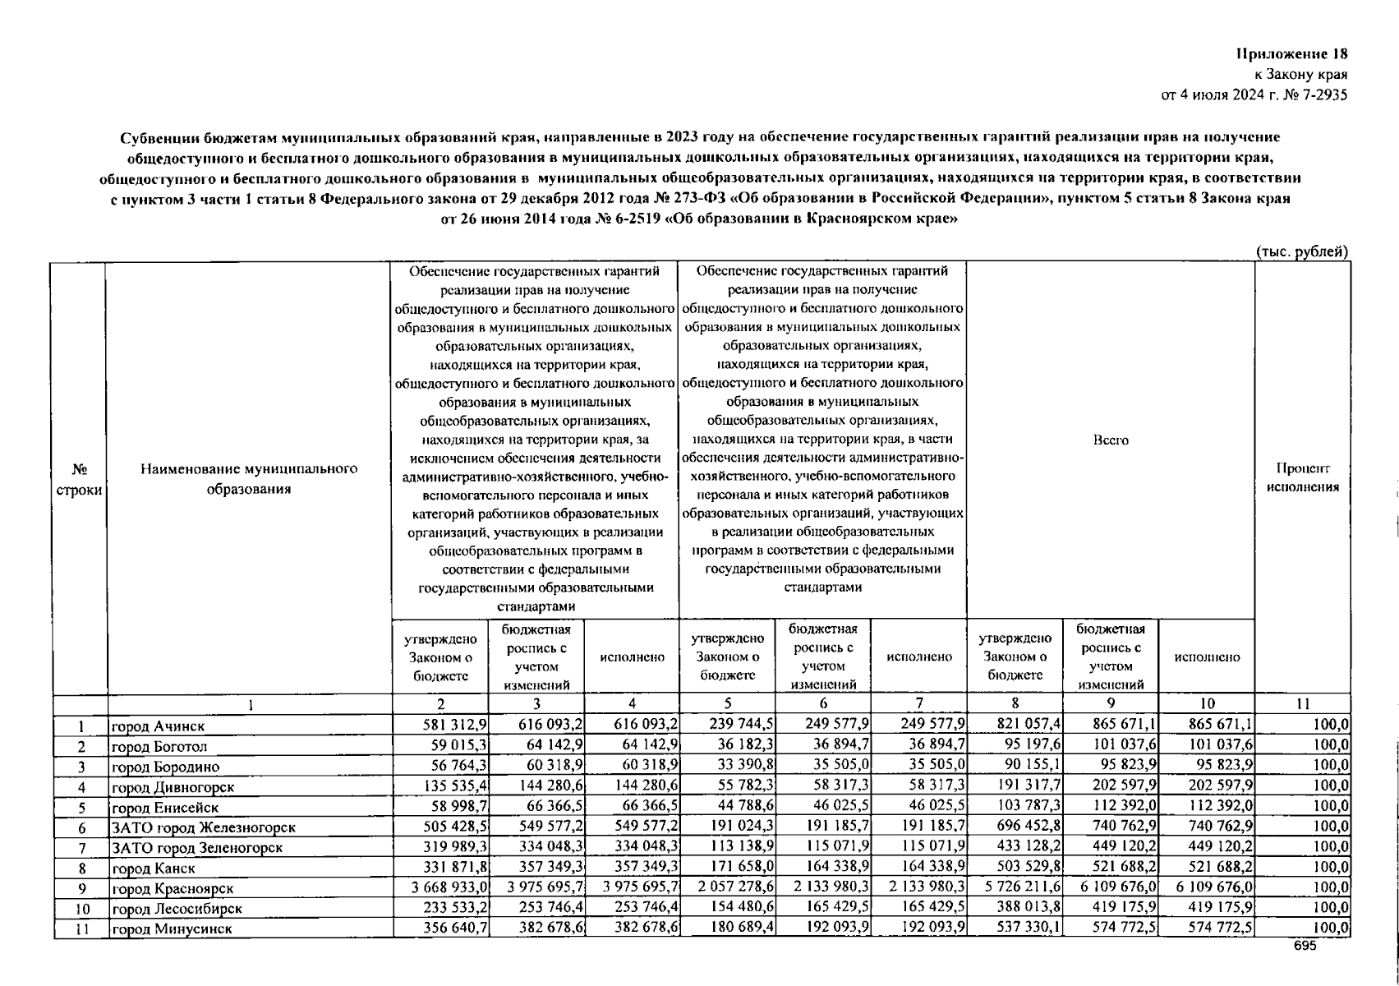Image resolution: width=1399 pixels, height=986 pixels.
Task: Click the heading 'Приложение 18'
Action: pyautogui.click(x=1293, y=54)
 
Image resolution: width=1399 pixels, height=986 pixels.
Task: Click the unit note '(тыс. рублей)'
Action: pyautogui.click(x=1302, y=252)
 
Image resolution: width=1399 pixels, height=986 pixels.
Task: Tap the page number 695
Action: pyautogui.click(x=1305, y=946)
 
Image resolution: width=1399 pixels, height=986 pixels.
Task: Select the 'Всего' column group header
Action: pyautogui.click(x=1111, y=440)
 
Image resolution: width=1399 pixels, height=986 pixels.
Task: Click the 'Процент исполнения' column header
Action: pyautogui.click(x=1302, y=477)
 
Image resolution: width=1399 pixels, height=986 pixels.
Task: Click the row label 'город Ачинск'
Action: pyautogui.click(x=158, y=726)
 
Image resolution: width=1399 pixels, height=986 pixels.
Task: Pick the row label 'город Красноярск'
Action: pyautogui.click(x=173, y=889)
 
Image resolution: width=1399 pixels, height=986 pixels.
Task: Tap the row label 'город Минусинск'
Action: pyautogui.click(x=172, y=929)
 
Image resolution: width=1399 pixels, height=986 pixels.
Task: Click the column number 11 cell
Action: pyautogui.click(x=1302, y=703)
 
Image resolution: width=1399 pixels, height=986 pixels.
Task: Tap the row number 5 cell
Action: pyautogui.click(x=81, y=807)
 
